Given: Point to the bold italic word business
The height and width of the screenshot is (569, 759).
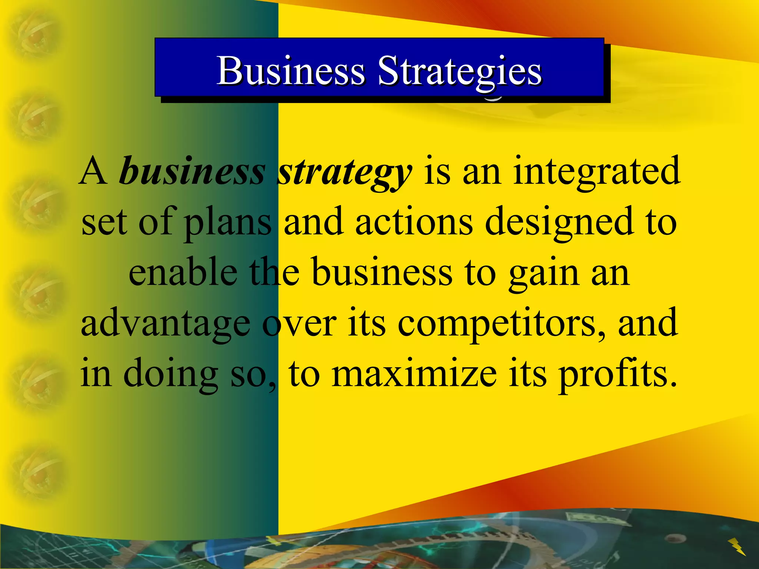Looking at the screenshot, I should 192,171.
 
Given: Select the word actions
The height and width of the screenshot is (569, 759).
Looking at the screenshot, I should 414,222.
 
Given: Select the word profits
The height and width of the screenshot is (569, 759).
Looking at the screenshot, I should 617,374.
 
